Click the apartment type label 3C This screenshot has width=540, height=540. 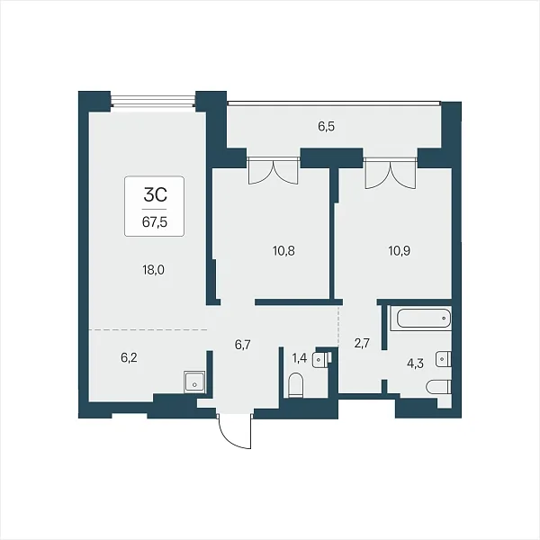(x=155, y=195)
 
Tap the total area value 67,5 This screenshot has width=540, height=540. (x=155, y=222)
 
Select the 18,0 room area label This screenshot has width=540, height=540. (x=153, y=270)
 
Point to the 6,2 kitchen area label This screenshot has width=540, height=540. (x=129, y=358)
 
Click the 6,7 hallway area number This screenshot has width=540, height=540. (x=243, y=345)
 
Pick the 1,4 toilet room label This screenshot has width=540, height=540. (x=300, y=358)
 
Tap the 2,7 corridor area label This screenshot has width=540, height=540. (x=362, y=344)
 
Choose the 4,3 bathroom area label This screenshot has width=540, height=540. (x=415, y=364)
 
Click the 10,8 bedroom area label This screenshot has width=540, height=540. (x=283, y=251)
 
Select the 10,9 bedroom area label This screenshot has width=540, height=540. (x=399, y=251)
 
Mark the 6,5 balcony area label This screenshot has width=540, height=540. (x=326, y=127)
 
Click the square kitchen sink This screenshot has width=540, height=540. (x=194, y=382)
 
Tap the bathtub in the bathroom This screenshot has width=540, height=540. (x=423, y=319)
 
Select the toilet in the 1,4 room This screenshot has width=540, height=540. (x=296, y=385)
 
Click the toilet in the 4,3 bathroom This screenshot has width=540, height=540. (x=438, y=387)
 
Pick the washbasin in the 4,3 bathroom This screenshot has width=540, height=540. (x=444, y=359)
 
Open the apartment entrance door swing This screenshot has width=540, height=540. (x=236, y=431)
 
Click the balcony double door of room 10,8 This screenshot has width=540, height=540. (x=273, y=170)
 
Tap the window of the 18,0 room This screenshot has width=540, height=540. (x=153, y=101)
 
